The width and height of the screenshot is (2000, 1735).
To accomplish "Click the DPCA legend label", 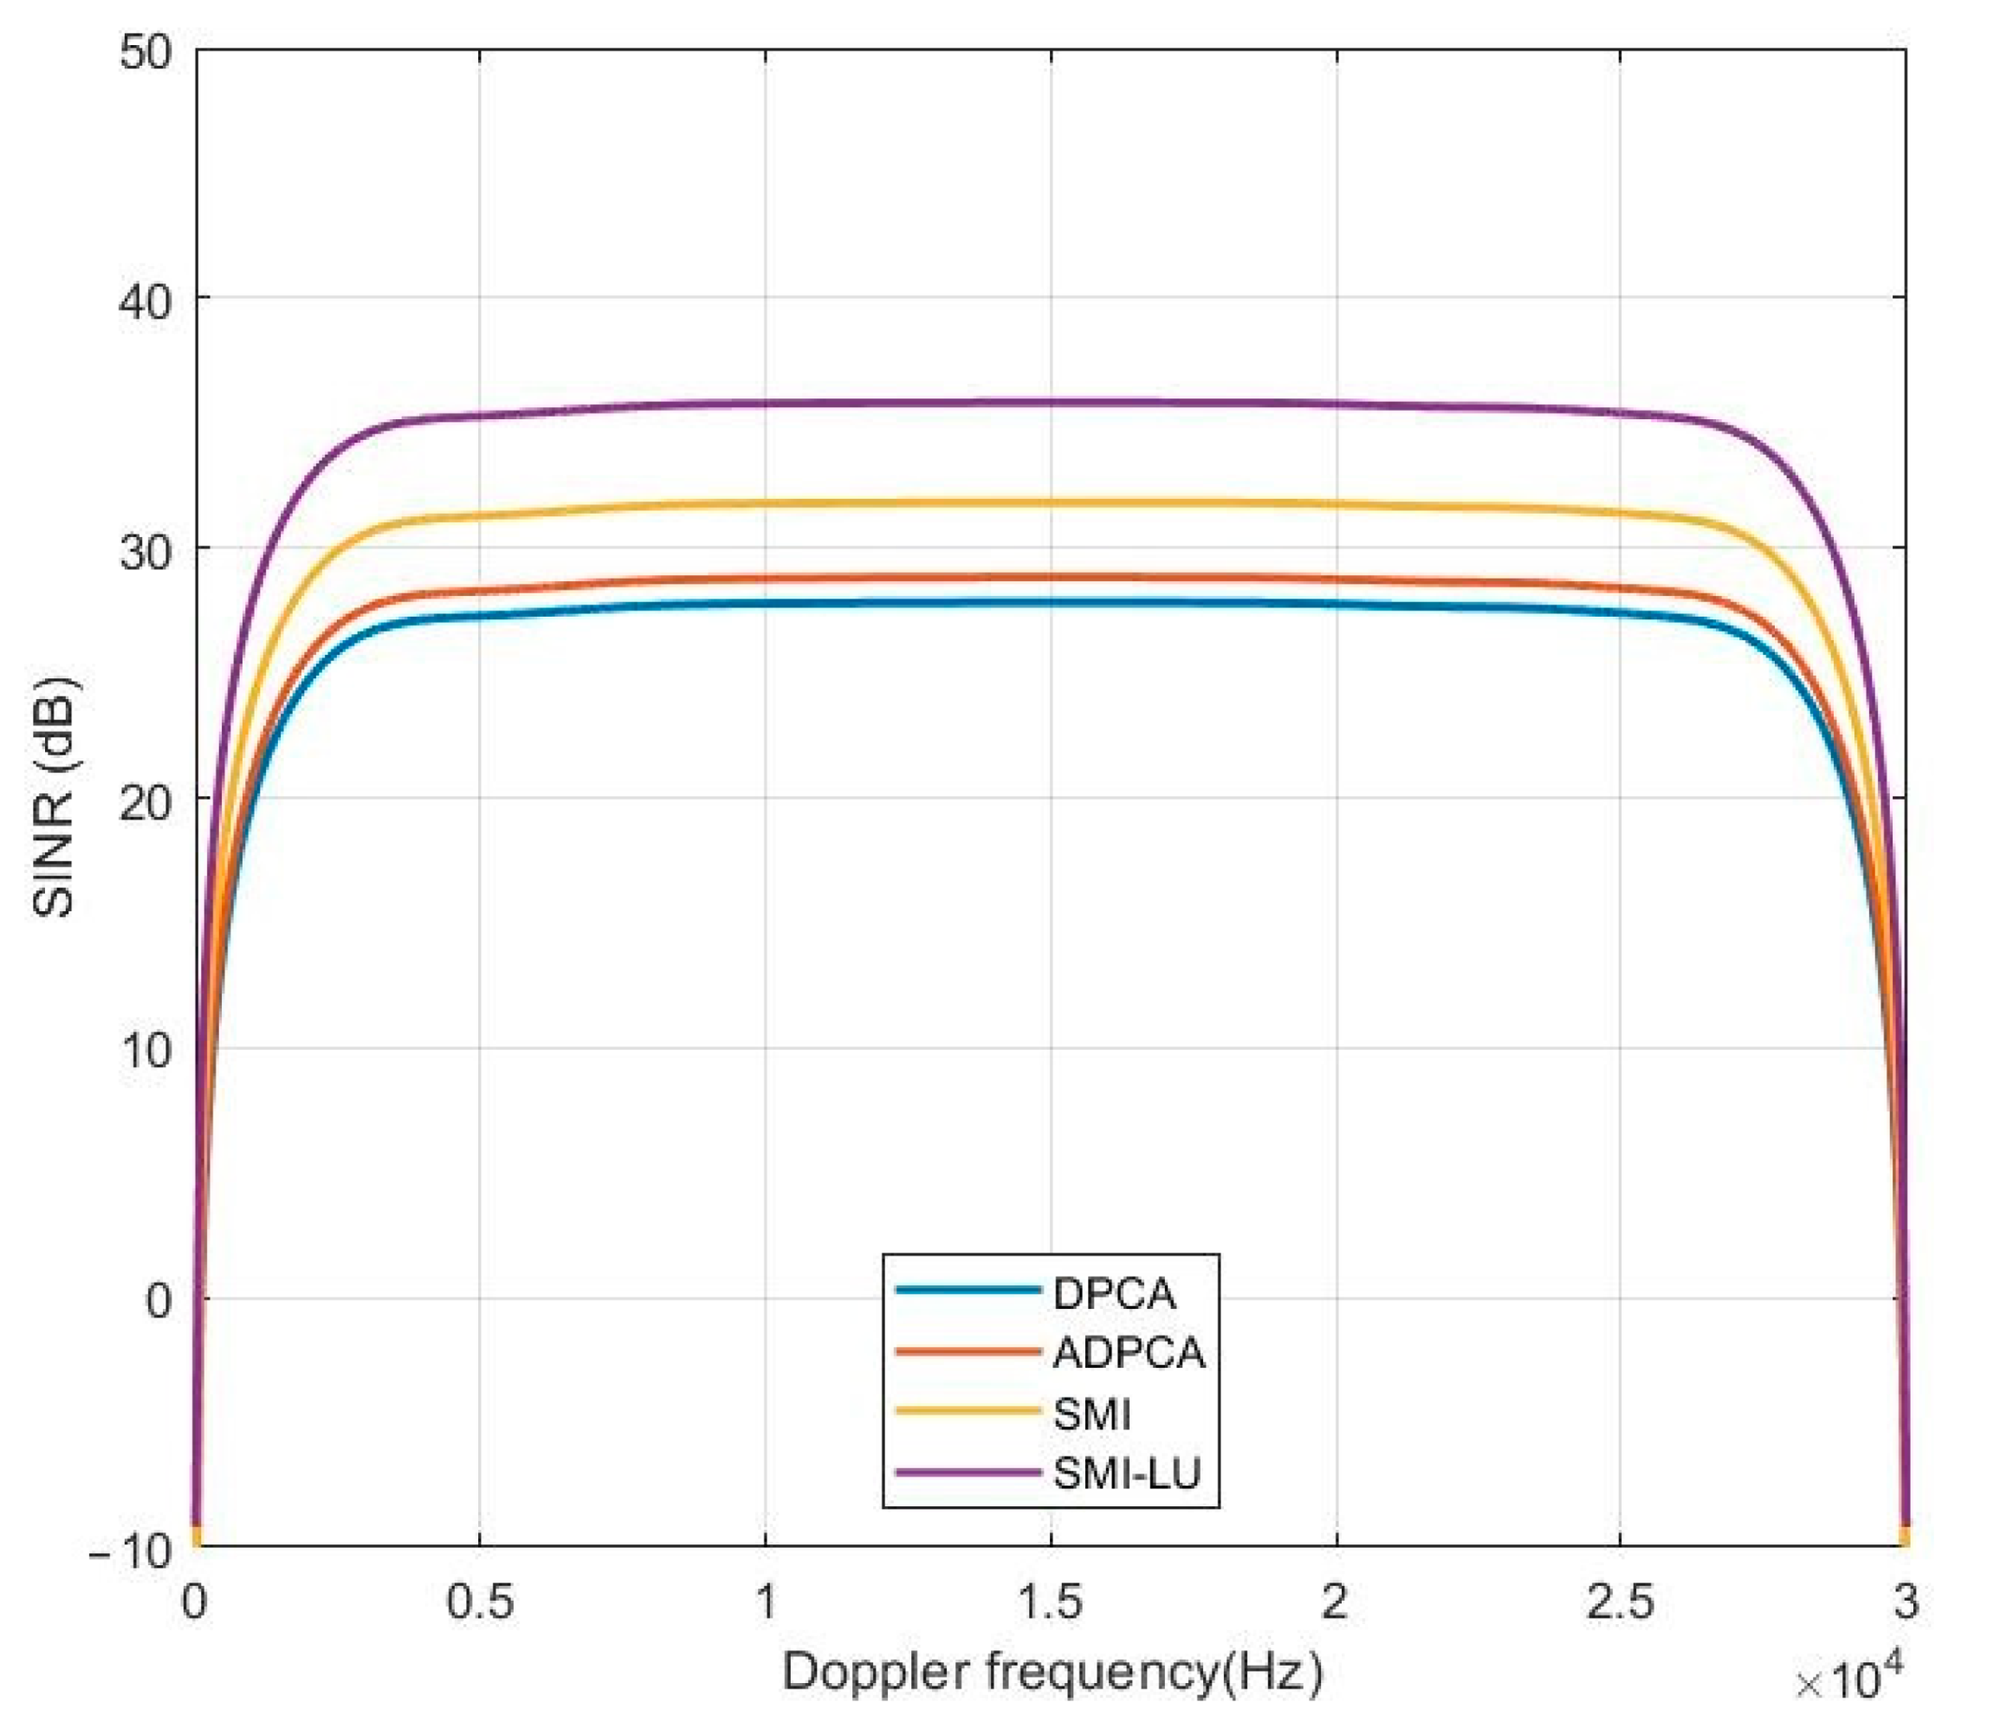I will point(1113,1294).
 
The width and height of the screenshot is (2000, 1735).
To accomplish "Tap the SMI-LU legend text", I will point(1126,1473).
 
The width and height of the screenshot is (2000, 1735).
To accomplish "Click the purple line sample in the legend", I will point(968,1472).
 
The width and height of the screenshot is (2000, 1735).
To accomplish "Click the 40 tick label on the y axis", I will point(146,301).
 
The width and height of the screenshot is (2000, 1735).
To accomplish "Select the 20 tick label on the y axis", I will point(146,800).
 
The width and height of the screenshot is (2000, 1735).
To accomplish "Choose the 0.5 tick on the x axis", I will point(479,1602).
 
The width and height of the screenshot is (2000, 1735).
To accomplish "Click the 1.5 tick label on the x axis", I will point(1051,1602).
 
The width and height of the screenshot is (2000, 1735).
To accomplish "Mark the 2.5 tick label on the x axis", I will point(1620,1602).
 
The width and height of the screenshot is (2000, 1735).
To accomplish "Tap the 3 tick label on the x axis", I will point(1905,1602).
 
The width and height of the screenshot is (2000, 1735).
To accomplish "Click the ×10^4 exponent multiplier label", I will point(1849,1680).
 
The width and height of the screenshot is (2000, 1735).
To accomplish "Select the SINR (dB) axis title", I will point(55,798).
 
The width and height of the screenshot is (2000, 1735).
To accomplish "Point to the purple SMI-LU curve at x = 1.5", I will point(1052,402).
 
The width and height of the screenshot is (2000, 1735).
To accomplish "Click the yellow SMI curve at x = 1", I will point(766,503).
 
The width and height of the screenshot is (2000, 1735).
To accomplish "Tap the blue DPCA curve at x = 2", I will point(1336,604).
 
